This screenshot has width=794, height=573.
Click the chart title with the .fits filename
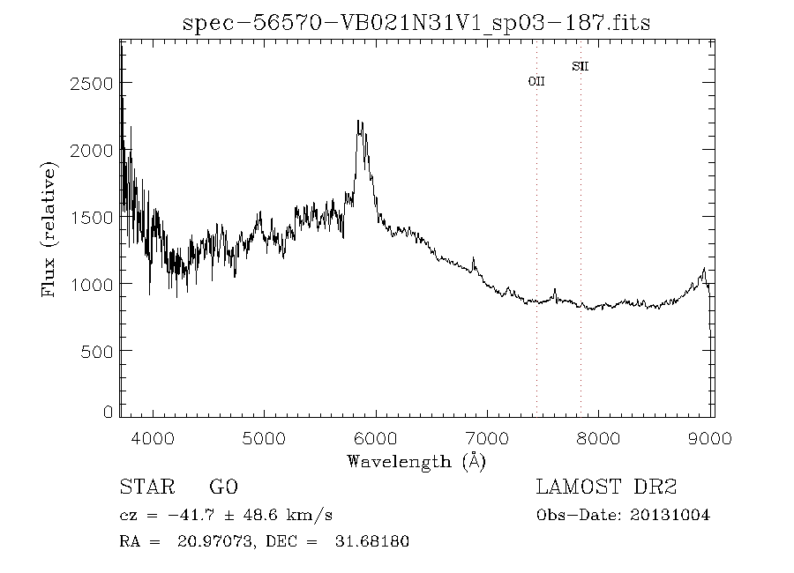416,23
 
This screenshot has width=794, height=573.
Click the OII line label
536,81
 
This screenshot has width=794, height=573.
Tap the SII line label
580,66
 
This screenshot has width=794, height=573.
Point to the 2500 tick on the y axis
91,83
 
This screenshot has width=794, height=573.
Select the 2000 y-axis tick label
91,150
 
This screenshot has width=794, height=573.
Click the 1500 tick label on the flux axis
91,217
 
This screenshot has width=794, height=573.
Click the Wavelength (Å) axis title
416,461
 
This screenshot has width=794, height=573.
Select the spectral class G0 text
223,487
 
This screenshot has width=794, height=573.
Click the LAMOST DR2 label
606,487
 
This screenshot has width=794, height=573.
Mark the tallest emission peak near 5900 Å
359,122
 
